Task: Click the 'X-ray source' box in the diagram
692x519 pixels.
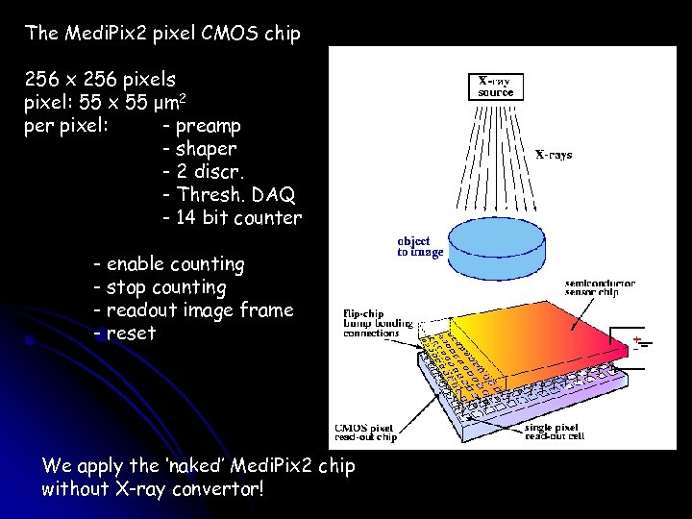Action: pyautogui.click(x=496, y=86)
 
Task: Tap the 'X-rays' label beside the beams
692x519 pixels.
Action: pyautogui.click(x=554, y=154)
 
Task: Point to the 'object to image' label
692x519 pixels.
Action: pyautogui.click(x=421, y=246)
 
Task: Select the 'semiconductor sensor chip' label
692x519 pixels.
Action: pyautogui.click(x=601, y=290)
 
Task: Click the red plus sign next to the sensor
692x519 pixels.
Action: pyautogui.click(x=637, y=339)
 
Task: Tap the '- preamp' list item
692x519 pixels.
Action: pyautogui.click(x=202, y=126)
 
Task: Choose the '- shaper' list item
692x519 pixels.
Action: pyautogui.click(x=200, y=149)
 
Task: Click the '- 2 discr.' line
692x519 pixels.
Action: pyautogui.click(x=205, y=172)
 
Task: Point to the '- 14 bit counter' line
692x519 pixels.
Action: pyautogui.click(x=232, y=218)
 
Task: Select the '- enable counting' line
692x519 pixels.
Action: pyautogui.click(x=169, y=264)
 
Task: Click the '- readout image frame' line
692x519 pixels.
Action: pyautogui.click(x=193, y=310)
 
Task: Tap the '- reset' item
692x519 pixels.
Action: pyautogui.click(x=124, y=334)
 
